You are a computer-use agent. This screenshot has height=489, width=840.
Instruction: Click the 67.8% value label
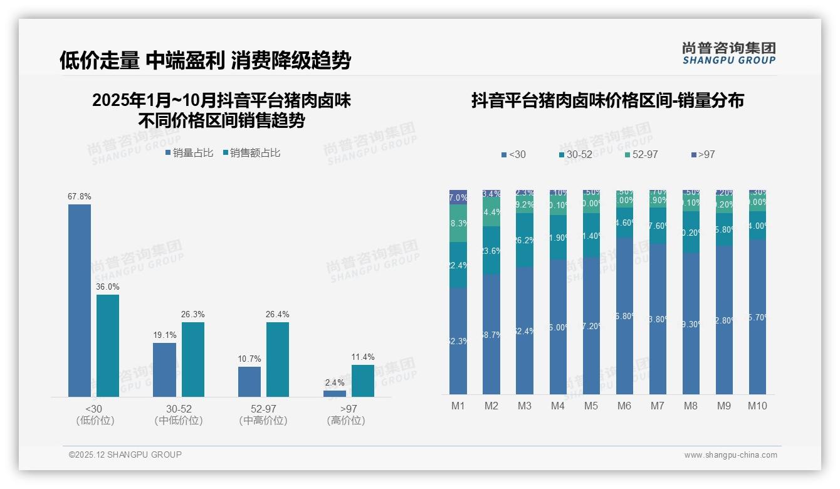point(80,196)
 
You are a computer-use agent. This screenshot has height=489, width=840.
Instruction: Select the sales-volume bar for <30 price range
point(80,300)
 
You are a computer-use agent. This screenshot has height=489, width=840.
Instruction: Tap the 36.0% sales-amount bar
point(108,345)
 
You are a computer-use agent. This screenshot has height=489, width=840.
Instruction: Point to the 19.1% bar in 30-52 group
point(164,369)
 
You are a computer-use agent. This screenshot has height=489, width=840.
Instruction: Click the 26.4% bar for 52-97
point(278,359)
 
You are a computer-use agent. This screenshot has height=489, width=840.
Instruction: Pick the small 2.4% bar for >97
point(335,393)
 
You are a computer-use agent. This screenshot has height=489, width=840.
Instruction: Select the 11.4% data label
point(363,357)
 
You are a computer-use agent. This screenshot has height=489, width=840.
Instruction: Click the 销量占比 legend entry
point(189,153)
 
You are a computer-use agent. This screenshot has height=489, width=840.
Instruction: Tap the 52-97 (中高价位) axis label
point(263,414)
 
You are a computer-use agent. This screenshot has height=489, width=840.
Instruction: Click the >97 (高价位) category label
point(346,414)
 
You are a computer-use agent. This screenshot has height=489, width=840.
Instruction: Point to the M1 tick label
point(458,406)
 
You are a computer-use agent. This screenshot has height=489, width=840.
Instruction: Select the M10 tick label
point(757,406)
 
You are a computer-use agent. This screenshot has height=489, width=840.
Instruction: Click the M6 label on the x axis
point(624,406)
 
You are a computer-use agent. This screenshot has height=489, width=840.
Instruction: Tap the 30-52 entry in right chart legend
point(575,154)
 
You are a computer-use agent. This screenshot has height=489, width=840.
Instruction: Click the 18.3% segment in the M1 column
point(458,223)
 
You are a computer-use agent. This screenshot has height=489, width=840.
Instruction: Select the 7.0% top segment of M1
point(458,197)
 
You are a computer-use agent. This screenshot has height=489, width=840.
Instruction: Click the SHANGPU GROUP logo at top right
point(728,53)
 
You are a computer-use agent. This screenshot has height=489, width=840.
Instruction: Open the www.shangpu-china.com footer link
point(730,455)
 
